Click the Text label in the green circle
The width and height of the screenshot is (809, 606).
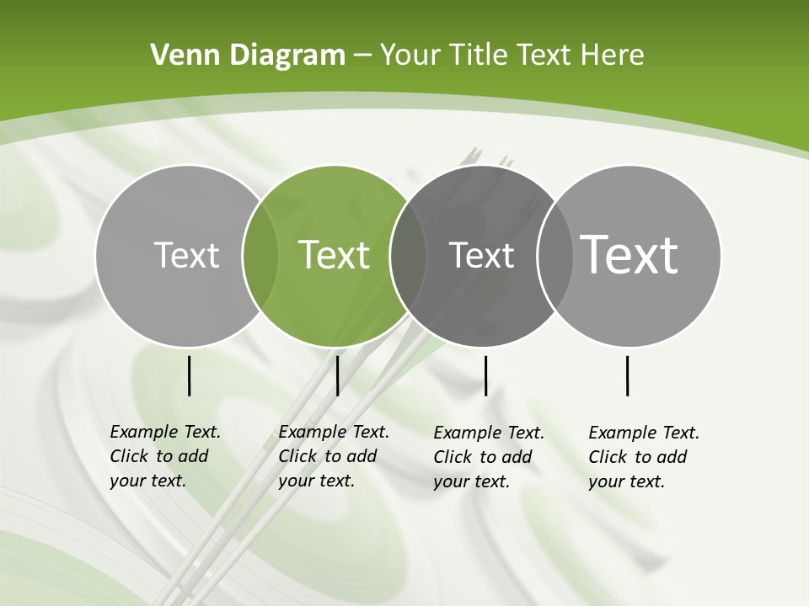335,255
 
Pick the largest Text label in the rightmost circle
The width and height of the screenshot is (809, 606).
629,254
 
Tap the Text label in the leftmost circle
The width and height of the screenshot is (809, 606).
186,255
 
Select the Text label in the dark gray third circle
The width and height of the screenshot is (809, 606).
481,255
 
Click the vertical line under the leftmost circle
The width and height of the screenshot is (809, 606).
189,375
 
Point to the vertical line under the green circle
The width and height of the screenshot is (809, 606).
337,375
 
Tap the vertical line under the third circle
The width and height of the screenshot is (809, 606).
485,375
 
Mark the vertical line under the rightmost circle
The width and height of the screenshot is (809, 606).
628,375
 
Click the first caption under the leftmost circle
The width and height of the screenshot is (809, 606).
165,456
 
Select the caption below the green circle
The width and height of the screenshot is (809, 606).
334,456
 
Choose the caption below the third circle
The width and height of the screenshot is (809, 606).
489,457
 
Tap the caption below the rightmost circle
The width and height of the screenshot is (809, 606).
644,457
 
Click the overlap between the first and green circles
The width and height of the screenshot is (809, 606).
260,255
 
